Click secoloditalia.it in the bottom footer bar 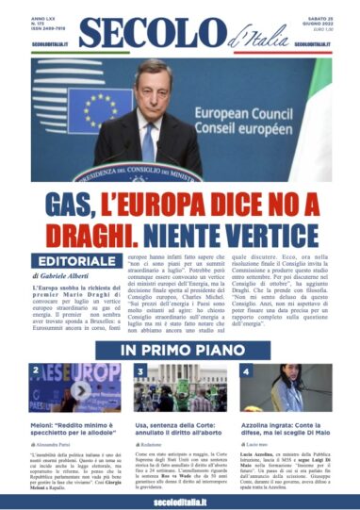point(180,498)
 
